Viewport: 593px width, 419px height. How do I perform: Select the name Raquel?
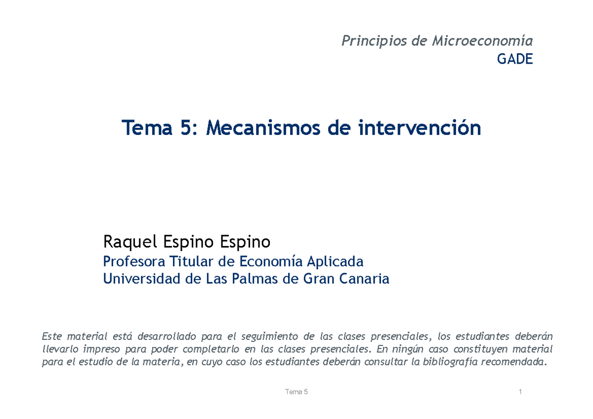[127, 243]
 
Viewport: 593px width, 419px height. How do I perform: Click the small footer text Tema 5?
[296, 392]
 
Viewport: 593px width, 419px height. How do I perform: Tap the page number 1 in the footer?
[521, 392]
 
